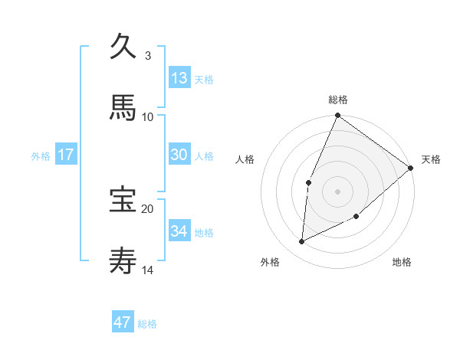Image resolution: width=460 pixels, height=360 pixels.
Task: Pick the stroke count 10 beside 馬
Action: coord(148,116)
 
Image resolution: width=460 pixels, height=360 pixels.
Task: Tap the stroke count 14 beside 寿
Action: coord(148,270)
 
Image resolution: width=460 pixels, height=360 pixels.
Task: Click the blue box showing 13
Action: coord(179,77)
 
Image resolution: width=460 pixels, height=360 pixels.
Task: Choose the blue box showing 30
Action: coord(179,154)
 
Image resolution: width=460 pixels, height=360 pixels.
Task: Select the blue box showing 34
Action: coord(179,231)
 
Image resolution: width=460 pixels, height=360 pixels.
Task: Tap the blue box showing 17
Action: coord(66,154)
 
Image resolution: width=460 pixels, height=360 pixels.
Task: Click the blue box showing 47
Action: coord(123,322)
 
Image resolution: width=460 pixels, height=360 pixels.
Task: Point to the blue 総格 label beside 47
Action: coord(147,324)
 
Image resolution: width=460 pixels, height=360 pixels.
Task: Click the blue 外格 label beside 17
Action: coord(41,156)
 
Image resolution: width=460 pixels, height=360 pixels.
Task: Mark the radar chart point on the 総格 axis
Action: coord(337,116)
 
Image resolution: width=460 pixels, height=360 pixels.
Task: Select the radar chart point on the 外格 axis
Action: coord(302,242)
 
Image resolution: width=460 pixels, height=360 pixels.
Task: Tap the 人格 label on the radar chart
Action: coord(245,159)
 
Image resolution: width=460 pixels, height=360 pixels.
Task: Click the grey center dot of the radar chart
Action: coord(337,191)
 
